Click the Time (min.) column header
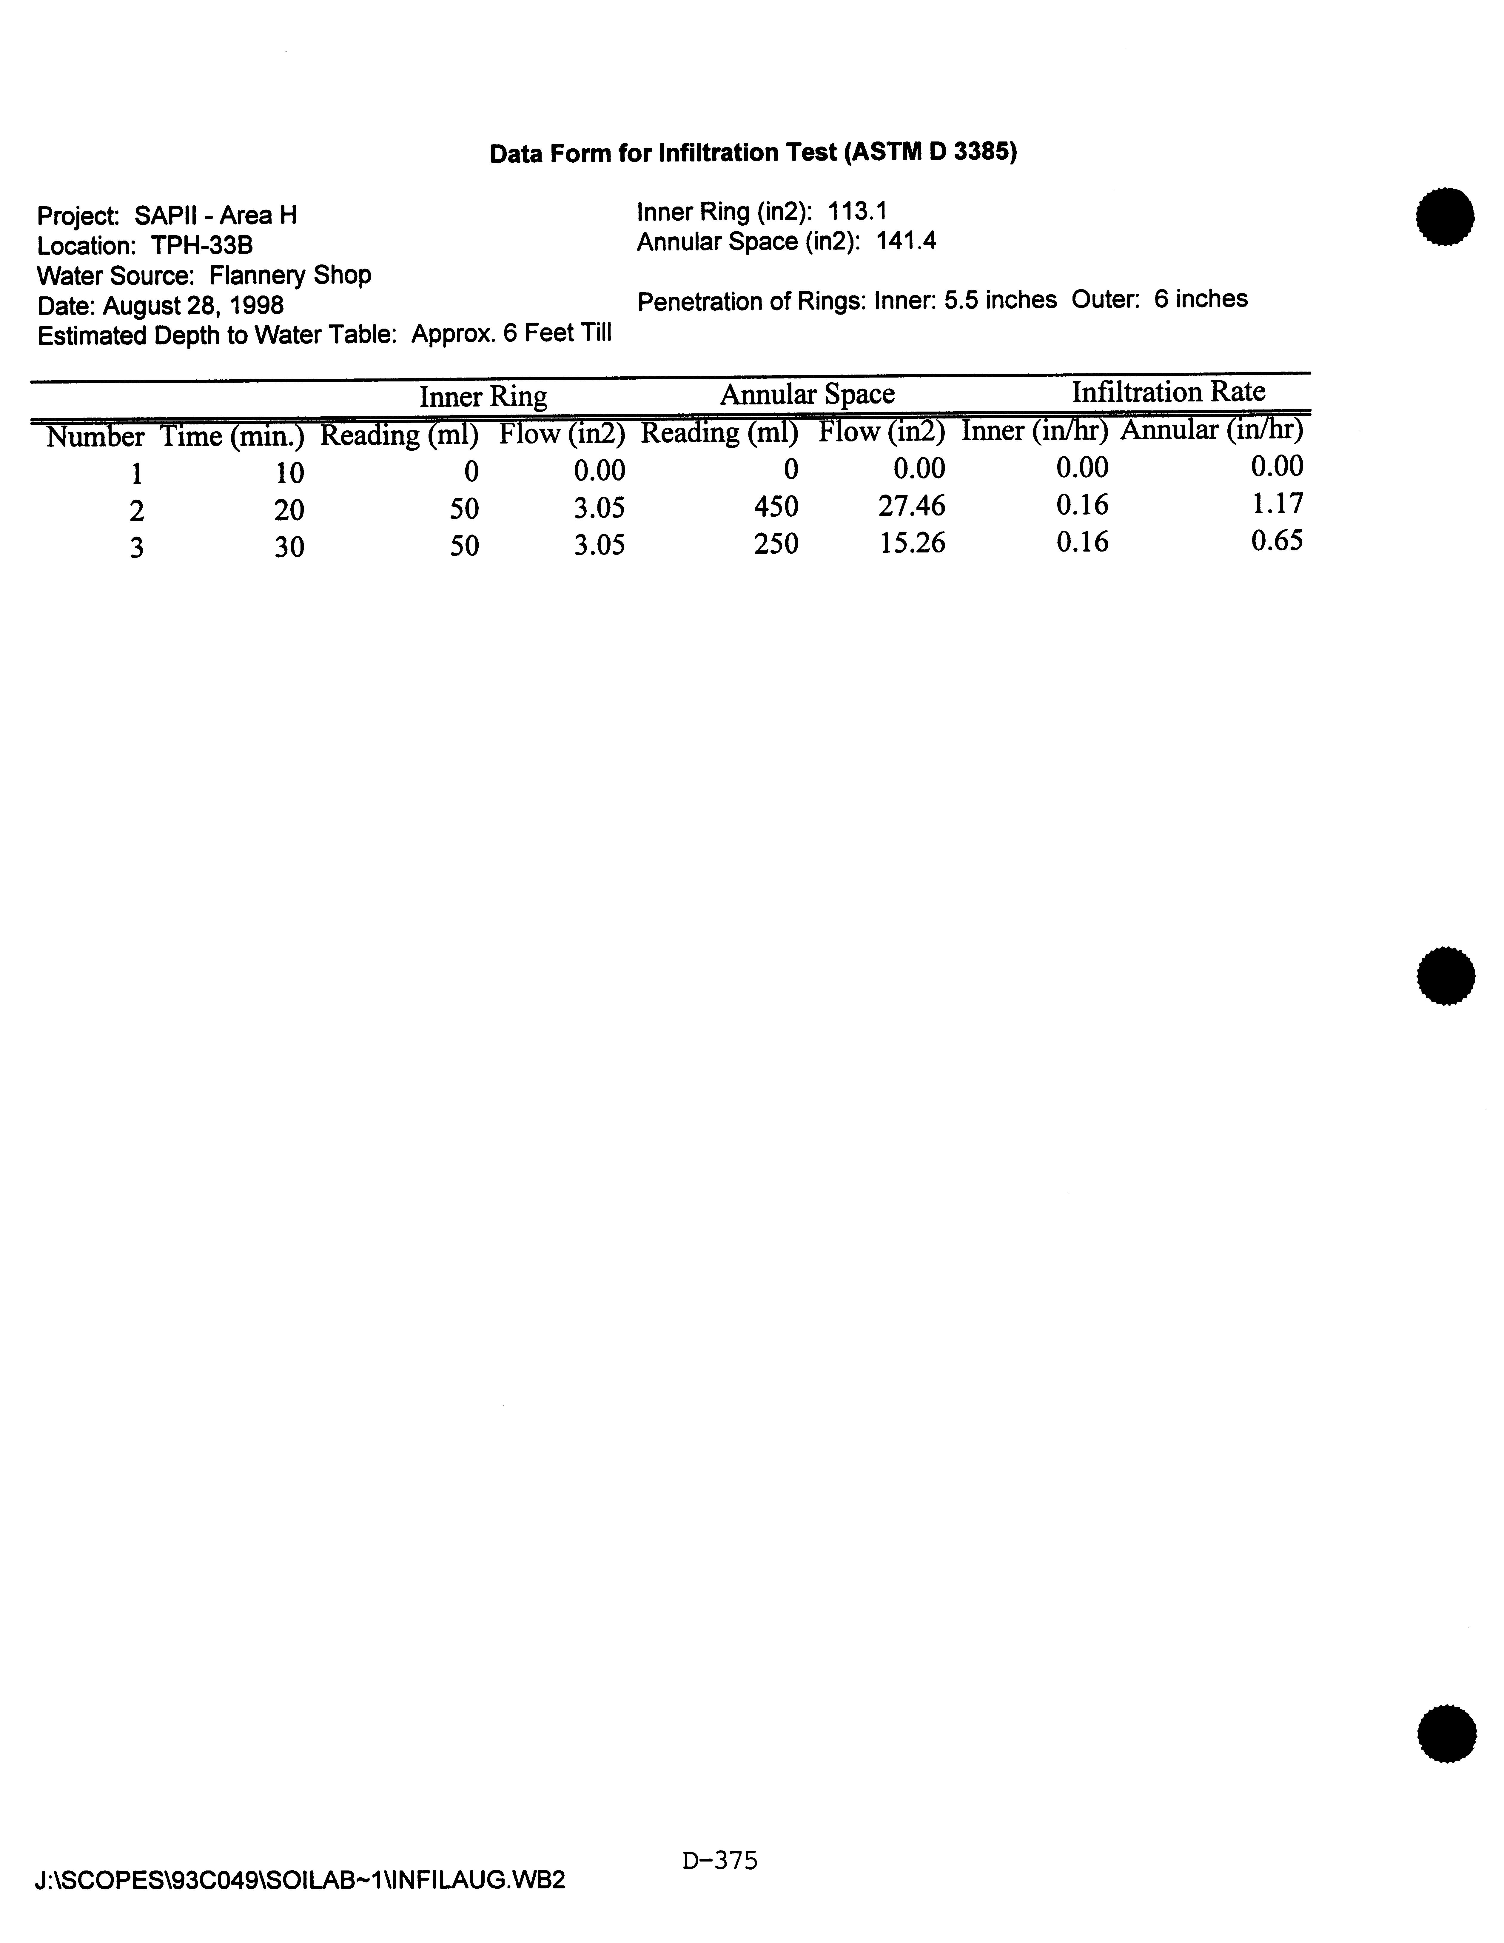[232, 436]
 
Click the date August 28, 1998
[193, 306]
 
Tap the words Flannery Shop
[290, 275]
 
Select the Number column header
[95, 437]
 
